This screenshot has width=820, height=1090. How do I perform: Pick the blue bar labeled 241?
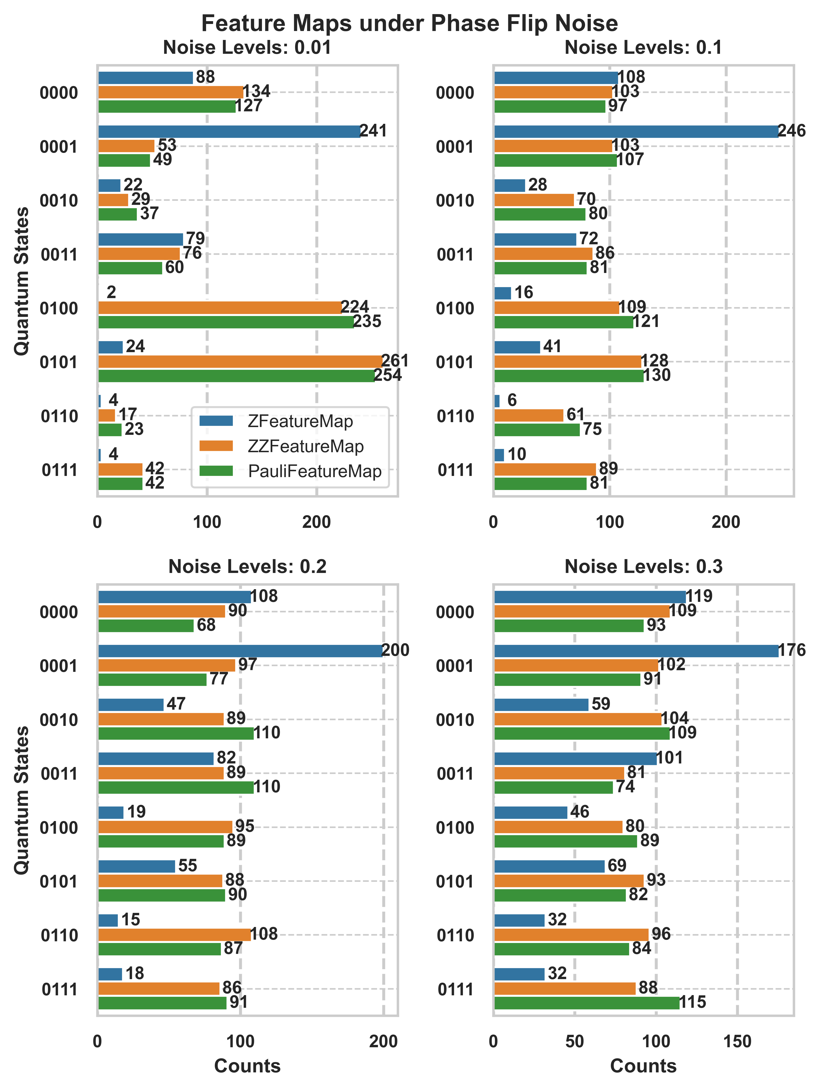(229, 132)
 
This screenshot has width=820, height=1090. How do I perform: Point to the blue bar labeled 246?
(636, 132)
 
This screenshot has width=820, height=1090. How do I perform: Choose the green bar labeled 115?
(586, 1002)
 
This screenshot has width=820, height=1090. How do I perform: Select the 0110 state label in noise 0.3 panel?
(455, 935)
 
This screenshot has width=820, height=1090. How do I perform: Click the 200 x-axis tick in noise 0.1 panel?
(725, 522)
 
